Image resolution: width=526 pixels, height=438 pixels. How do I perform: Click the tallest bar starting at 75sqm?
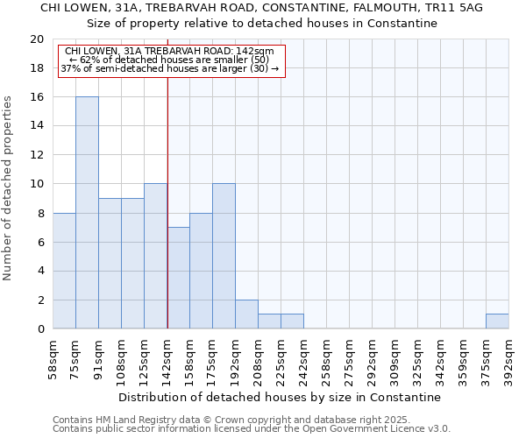(x=87, y=213)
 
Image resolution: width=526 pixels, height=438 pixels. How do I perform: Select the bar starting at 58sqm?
(x=64, y=271)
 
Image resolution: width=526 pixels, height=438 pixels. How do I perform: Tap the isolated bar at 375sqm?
(x=497, y=321)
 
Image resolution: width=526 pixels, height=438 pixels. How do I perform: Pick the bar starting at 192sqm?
(x=246, y=314)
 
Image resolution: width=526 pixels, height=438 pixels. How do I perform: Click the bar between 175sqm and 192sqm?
(x=224, y=257)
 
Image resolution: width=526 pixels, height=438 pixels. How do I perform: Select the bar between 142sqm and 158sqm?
(x=178, y=278)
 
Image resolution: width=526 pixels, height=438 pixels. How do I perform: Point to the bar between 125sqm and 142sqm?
(x=155, y=257)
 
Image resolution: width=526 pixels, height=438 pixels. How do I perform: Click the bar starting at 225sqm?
(x=292, y=321)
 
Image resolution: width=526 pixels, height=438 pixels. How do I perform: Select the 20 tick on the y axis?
(x=37, y=39)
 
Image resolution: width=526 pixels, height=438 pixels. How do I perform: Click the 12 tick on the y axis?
(x=37, y=155)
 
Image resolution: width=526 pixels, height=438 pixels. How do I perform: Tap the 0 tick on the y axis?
(x=40, y=329)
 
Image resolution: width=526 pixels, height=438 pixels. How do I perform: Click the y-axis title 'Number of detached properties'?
(x=9, y=187)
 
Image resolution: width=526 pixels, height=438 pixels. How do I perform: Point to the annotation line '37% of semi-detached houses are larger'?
(x=170, y=68)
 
